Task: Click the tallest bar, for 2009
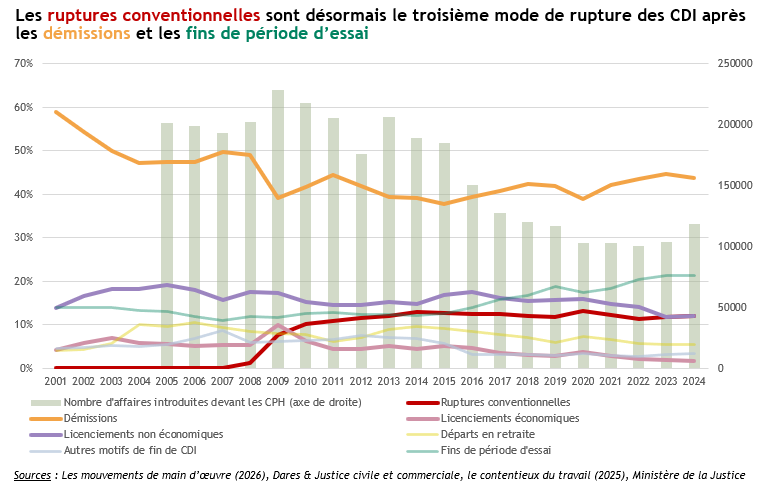tap(278, 229)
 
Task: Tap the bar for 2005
tap(167, 245)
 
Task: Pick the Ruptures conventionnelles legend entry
tap(497, 401)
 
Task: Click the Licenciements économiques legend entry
tap(497, 417)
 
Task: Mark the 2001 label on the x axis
tap(56, 382)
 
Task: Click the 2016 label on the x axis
tap(472, 382)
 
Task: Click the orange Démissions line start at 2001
tap(56, 111)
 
